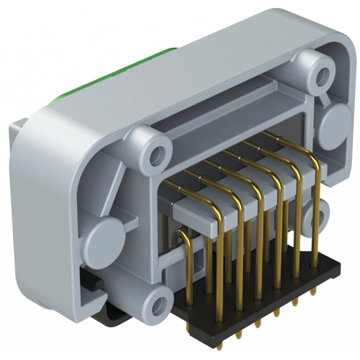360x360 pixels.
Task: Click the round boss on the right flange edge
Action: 335,126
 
